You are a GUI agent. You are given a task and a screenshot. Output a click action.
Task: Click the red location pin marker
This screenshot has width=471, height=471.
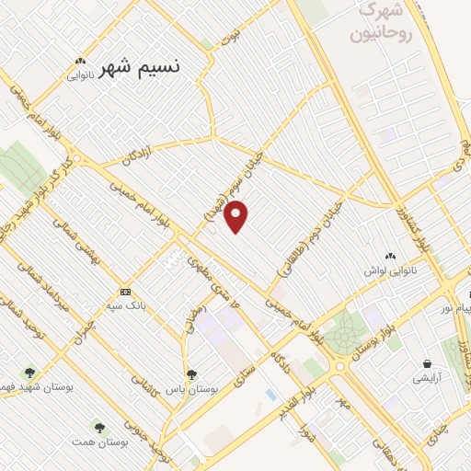pyautogui.click(x=237, y=216)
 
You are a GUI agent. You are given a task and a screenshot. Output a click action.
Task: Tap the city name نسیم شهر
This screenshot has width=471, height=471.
pyautogui.click(x=140, y=67)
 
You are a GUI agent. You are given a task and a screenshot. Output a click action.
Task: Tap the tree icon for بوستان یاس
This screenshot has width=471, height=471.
pyautogui.click(x=191, y=373)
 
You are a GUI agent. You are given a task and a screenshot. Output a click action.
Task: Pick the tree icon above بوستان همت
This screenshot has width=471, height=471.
pyautogui.click(x=99, y=427)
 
